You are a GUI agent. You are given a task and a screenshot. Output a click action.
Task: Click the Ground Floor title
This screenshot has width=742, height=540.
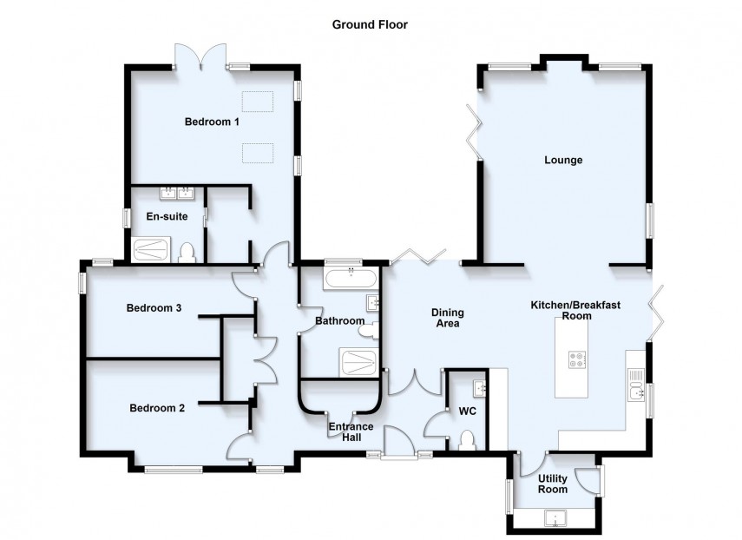(x=370, y=24)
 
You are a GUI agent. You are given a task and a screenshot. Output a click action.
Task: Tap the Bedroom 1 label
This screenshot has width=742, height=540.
(x=212, y=122)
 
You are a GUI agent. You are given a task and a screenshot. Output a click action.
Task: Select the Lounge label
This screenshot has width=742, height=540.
(x=563, y=160)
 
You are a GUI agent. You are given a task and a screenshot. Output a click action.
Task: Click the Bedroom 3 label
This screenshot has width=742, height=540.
(x=154, y=307)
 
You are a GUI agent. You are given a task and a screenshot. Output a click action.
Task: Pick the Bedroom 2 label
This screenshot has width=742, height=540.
(x=157, y=408)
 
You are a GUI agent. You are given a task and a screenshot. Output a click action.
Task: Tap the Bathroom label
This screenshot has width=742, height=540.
(x=339, y=321)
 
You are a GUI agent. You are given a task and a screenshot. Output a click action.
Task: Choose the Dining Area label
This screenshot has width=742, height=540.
(x=449, y=318)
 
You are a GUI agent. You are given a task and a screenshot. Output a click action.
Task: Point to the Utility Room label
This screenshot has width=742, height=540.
(x=553, y=484)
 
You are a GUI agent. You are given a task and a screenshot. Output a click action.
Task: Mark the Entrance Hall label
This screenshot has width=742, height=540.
(x=351, y=431)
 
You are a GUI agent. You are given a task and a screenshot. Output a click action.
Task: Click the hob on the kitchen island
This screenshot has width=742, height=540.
(x=575, y=359)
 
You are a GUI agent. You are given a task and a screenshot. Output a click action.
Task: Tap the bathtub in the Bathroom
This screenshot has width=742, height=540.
(x=351, y=279)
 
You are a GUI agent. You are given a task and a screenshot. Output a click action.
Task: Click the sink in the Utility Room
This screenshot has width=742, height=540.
(x=555, y=520)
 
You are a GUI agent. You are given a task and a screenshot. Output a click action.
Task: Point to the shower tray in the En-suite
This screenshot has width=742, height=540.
(x=153, y=251)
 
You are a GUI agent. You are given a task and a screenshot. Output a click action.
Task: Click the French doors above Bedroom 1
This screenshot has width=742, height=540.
(x=201, y=59)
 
